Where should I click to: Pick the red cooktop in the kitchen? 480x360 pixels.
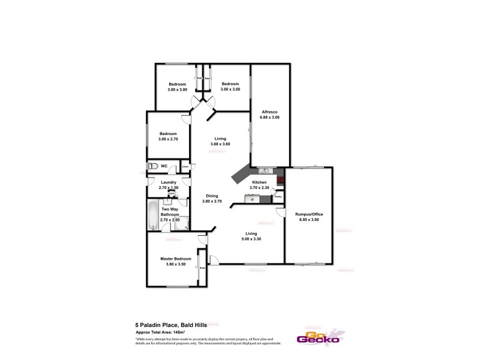[280, 178]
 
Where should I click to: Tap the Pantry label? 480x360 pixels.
[278, 196]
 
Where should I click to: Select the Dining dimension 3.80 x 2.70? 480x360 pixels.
[212, 202]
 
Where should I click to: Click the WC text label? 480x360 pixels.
[164, 166]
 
